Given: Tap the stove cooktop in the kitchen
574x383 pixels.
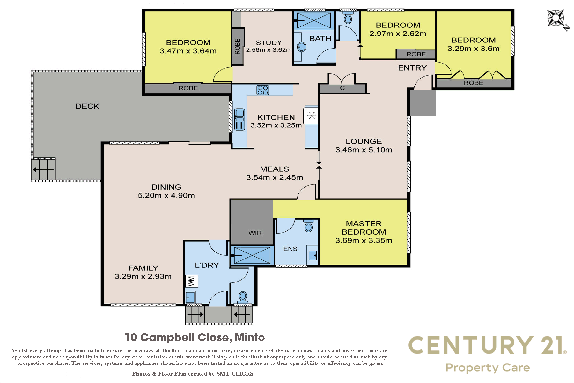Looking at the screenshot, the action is pos(262,90).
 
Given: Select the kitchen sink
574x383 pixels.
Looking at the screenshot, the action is pos(239,119).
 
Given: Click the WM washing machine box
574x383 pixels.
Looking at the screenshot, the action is pos(192,281).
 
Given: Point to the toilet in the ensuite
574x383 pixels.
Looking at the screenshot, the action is pos(308,225).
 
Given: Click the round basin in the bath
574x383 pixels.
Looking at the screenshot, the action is pos(301,47).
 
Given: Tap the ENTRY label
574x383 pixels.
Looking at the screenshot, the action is pos(412,68).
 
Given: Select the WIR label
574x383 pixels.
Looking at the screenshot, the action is pos(255,233).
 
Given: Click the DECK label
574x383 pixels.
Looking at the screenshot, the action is pos(87,106).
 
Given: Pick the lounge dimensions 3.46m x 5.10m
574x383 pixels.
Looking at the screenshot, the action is pos(364,150).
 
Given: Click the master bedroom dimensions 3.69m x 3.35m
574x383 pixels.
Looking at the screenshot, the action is pos(364,240).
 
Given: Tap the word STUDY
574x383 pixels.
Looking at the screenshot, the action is pos(269,43).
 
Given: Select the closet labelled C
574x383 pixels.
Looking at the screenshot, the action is pos(342,88).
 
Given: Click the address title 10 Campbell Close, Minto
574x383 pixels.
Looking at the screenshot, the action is pos(195,337).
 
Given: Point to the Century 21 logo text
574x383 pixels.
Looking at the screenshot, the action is pos(487,345).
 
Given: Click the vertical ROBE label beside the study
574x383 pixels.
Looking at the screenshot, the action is pos(238,47).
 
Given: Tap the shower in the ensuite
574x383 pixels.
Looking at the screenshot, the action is pos(252,255).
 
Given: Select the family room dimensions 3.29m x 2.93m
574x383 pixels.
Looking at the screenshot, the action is pos(143,276).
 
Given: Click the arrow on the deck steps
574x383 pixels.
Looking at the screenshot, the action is pos(43,169).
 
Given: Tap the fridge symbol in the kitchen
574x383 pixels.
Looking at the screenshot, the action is pos(312,115).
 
